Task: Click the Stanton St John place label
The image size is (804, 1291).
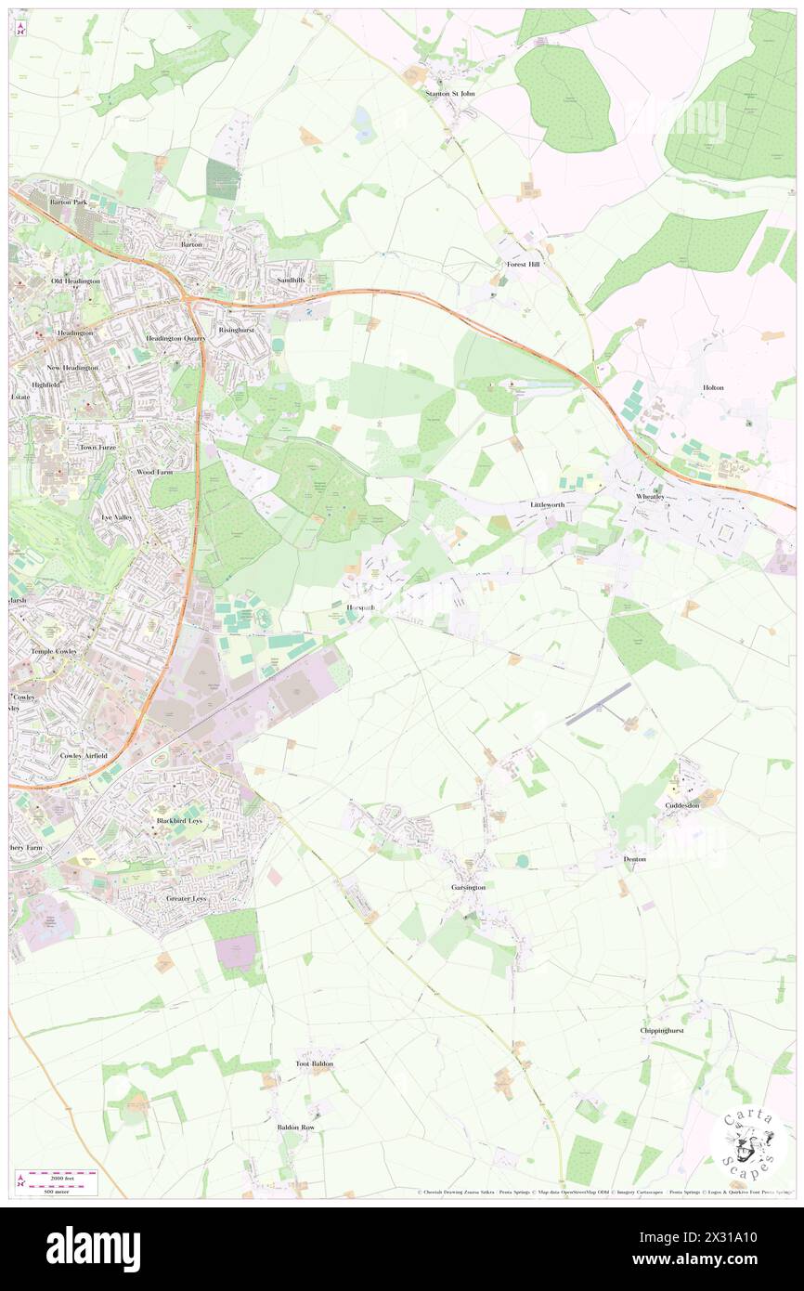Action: (450, 93)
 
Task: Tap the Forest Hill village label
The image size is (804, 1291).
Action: (523, 265)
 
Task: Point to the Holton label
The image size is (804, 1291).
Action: (713, 387)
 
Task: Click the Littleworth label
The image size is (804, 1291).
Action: (548, 504)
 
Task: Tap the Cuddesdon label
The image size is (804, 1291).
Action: (682, 805)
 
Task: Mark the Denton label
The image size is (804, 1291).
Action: (635, 859)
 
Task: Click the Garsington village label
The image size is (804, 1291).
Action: (469, 887)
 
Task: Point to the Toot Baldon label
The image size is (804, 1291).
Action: (314, 1063)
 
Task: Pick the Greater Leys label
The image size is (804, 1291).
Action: (191, 899)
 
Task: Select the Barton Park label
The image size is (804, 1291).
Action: (68, 201)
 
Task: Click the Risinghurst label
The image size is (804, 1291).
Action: (236, 330)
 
